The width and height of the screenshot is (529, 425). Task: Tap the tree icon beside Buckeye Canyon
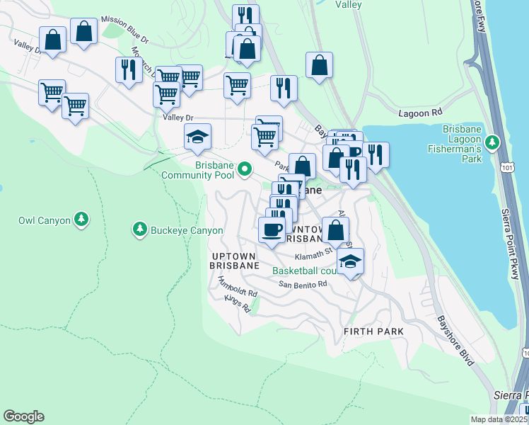138,229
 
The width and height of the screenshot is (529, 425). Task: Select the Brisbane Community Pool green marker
245,169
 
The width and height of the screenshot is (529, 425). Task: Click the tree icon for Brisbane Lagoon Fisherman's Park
497,142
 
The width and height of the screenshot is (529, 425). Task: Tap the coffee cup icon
272,229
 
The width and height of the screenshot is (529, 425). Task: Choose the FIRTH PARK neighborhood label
373,331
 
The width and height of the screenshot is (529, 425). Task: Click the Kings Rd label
237,305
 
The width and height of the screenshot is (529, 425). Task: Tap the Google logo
23,416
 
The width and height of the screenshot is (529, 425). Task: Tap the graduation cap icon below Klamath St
349,260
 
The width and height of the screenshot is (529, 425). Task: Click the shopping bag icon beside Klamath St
335,229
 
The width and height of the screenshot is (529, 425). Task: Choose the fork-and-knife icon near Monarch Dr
128,69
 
